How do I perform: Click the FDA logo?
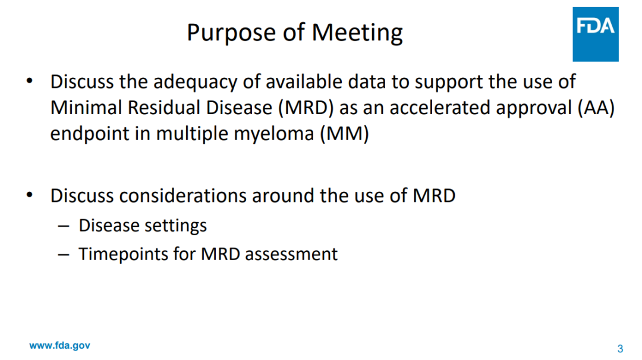(595, 34)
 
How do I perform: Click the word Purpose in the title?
(231, 33)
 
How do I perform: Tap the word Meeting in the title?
(357, 33)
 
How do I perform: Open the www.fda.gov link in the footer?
(60, 345)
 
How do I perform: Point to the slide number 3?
(620, 349)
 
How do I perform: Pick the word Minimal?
(86, 108)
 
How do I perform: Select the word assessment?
(291, 254)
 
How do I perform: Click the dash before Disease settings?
(64, 226)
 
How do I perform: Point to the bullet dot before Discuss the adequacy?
(30, 81)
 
